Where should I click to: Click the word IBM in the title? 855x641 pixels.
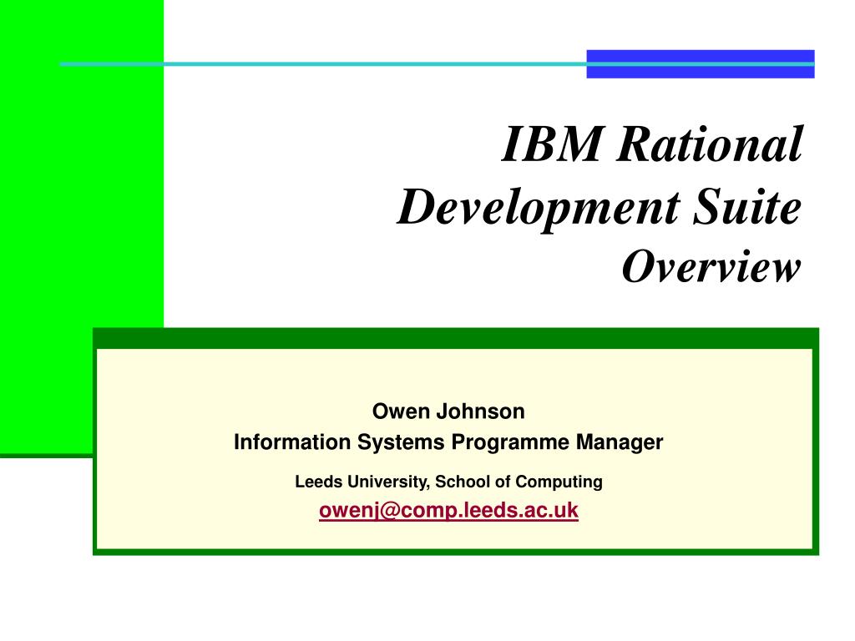click(x=551, y=144)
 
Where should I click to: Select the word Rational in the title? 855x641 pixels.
click(x=710, y=144)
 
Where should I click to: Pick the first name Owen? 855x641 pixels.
click(x=397, y=411)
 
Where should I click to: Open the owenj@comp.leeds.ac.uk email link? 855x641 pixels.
click(x=448, y=511)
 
